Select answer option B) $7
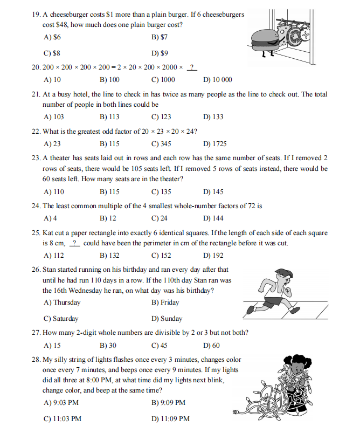pos(160,37)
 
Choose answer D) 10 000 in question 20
pos(218,80)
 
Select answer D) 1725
pos(214,144)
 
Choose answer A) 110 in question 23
pos(53,191)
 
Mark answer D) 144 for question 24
pos(213,218)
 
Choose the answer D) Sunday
pos(167,318)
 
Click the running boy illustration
pos(275,291)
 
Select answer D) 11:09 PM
pos(170,418)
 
